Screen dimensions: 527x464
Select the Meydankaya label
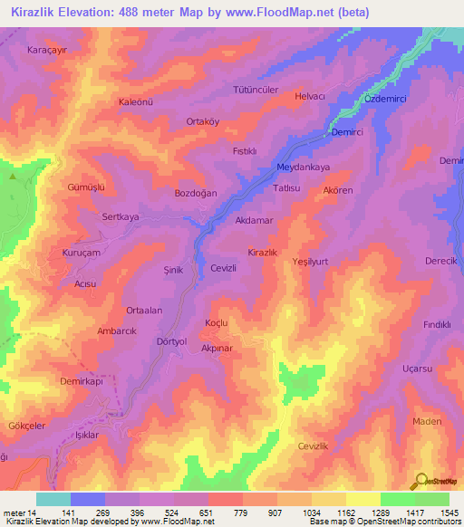(303, 168)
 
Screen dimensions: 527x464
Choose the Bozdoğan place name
(197, 193)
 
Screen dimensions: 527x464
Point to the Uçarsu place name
(417, 369)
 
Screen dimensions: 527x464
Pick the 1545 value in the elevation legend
(448, 513)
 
